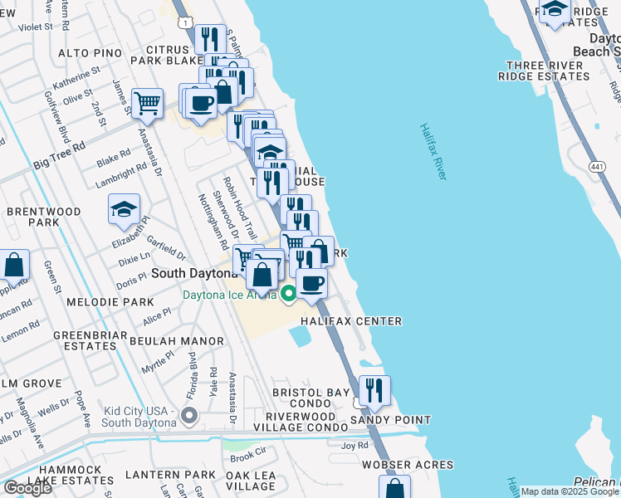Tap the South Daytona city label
(x=197, y=273)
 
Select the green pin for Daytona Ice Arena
(x=288, y=294)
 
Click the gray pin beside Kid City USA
(x=188, y=415)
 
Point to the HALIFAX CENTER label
(x=351, y=321)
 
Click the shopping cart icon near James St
(x=147, y=103)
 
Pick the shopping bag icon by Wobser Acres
(x=394, y=487)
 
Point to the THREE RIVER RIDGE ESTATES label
(x=543, y=71)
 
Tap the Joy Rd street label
(x=354, y=446)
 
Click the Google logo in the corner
(x=28, y=488)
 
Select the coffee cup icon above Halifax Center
(x=311, y=283)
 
